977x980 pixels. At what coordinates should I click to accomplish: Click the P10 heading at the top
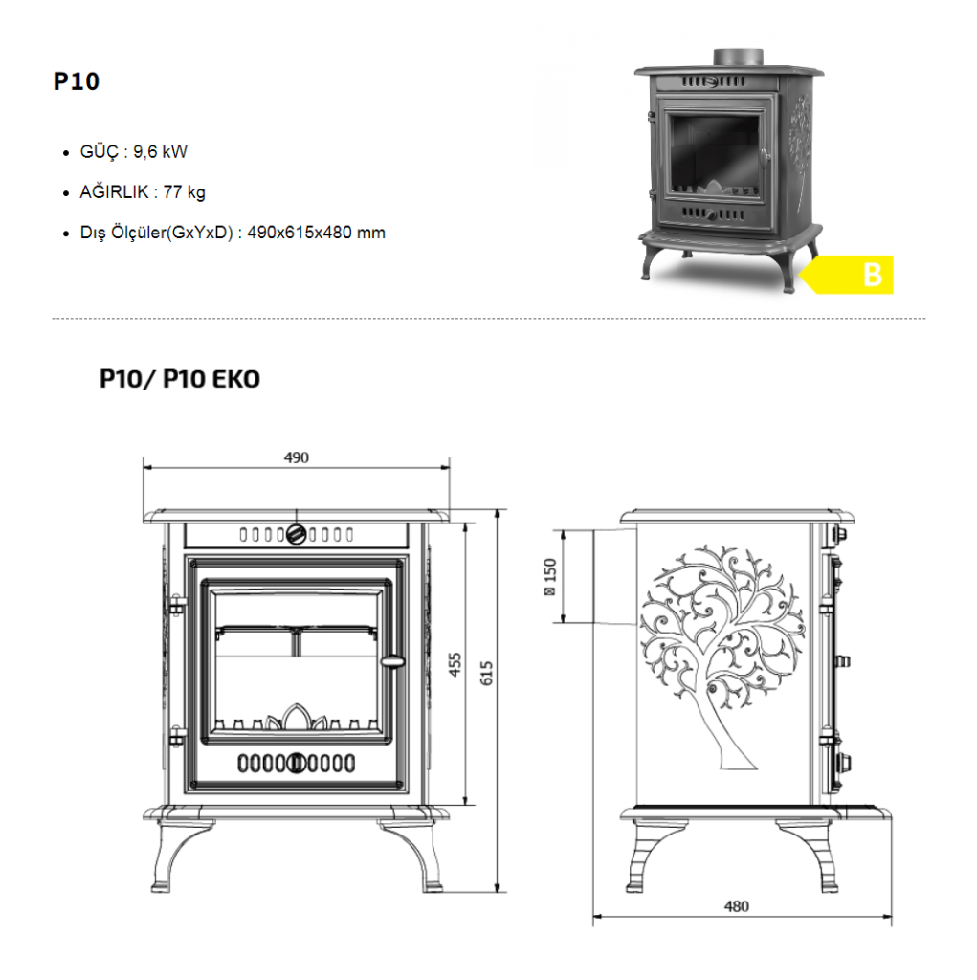click(x=77, y=81)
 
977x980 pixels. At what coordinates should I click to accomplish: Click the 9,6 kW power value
click(x=160, y=152)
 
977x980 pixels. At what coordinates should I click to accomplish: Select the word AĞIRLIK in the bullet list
click(x=115, y=191)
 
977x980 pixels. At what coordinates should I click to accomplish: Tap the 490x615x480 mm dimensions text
click(x=317, y=233)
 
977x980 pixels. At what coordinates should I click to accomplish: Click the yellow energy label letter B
click(x=872, y=275)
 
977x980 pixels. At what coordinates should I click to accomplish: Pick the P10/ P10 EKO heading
click(x=179, y=379)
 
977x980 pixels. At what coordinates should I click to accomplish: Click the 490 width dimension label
click(x=297, y=457)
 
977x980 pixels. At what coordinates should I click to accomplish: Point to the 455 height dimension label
click(x=455, y=664)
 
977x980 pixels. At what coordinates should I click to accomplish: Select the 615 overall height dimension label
click(x=486, y=673)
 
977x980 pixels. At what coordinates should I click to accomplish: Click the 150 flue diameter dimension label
click(x=549, y=577)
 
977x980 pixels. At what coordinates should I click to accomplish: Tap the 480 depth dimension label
click(x=737, y=906)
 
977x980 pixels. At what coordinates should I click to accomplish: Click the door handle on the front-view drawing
click(x=392, y=660)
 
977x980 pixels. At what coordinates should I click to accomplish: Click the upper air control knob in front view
click(x=297, y=535)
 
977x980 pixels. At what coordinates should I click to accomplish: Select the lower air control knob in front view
click(x=297, y=763)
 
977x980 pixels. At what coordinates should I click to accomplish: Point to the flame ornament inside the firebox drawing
click(x=297, y=718)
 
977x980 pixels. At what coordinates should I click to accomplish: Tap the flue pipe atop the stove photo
click(x=738, y=56)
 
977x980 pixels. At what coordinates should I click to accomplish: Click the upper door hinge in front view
click(x=176, y=606)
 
